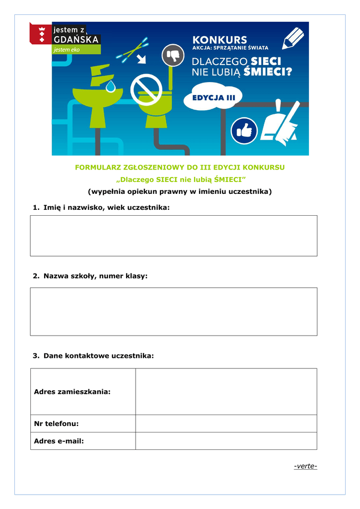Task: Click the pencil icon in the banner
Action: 293,38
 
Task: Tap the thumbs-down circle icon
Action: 173,54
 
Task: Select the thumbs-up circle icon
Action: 244,131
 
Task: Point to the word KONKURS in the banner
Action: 219,39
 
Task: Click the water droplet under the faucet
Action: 111,86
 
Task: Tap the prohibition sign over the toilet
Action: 146,90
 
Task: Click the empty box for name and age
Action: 173,236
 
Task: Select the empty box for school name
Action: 173,311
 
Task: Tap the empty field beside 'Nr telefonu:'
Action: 226,424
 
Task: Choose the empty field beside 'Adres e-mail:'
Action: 226,441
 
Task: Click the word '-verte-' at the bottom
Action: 305,466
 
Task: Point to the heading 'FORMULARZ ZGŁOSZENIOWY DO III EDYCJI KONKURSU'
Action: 180,168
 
